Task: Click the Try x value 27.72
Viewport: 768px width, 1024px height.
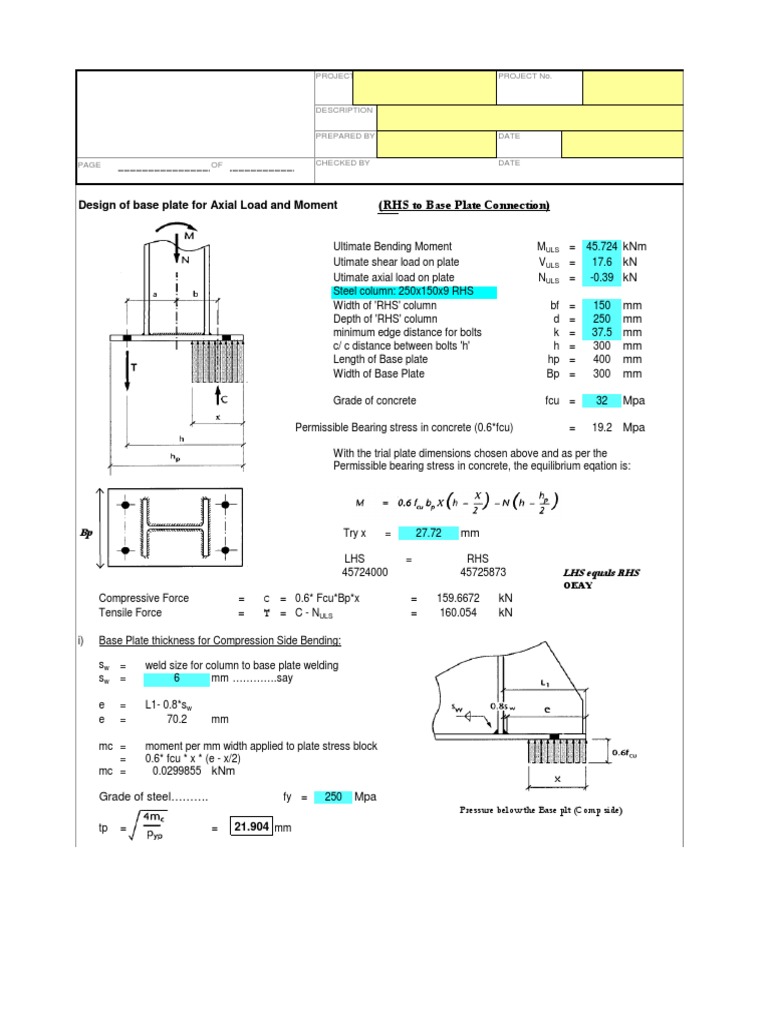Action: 428,534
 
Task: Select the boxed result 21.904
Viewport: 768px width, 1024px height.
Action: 251,828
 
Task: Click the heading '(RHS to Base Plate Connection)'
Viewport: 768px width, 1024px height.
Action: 464,206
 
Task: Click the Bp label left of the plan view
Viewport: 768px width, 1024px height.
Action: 86,533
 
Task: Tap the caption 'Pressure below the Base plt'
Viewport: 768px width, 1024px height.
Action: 540,810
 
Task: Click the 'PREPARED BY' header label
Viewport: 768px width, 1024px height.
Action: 345,136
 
